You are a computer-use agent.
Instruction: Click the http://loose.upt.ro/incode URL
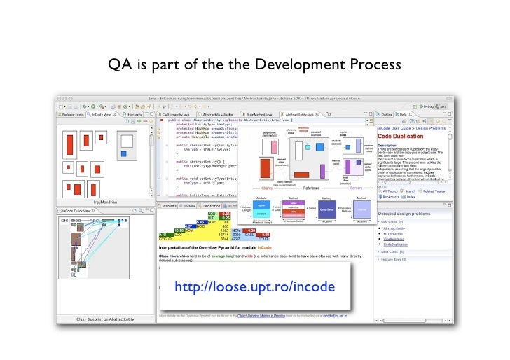pyautogui.click(x=254, y=287)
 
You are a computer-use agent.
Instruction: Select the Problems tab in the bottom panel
pyautogui.click(x=170, y=206)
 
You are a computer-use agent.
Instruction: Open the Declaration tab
pyautogui.click(x=212, y=206)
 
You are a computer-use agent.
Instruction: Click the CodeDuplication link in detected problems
pyautogui.click(x=398, y=244)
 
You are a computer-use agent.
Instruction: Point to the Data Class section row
pyautogui.click(x=397, y=251)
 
